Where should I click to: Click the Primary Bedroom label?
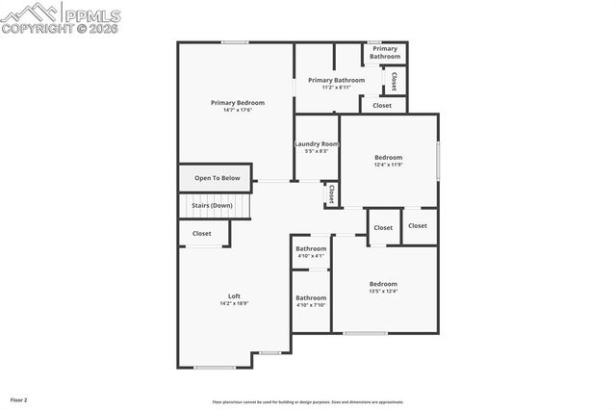pos(238,102)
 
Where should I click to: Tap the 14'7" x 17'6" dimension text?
pos(238,110)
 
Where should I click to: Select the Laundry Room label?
pos(317,144)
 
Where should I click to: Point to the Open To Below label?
pos(217,178)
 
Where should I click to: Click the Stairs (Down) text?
pos(212,205)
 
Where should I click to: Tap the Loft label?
pos(234,295)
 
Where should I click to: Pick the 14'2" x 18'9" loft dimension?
pos(234,303)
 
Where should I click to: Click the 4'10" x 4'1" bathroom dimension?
pos(311,256)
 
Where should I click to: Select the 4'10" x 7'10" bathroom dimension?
pos(311,305)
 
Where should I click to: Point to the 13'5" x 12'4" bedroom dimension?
pos(383,292)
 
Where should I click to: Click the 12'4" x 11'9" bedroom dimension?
pos(388,165)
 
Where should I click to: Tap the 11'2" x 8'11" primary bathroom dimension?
pos(336,88)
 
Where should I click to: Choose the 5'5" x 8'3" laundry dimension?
pos(317,151)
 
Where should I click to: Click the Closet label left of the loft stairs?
pos(202,233)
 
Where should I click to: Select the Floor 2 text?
pos(19,399)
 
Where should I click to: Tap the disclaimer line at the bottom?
pos(308,402)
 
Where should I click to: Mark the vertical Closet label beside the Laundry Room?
pos(331,194)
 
